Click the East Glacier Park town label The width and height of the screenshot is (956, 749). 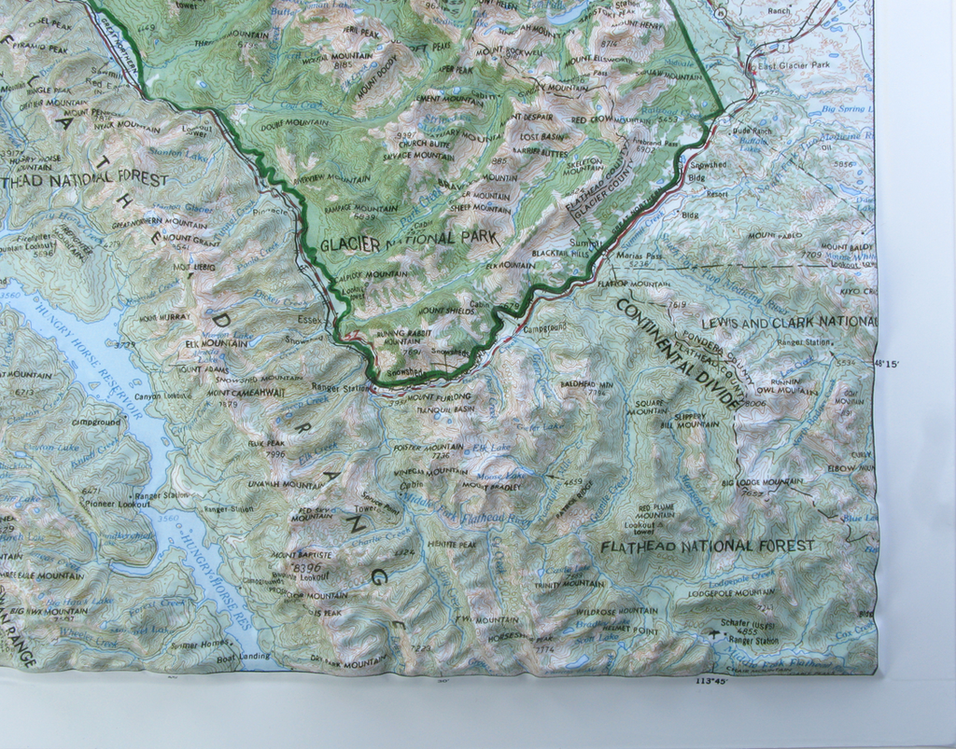pyautogui.click(x=793, y=66)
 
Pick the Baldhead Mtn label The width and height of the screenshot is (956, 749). pyautogui.click(x=586, y=384)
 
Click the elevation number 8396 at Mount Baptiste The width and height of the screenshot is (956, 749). pyautogui.click(x=306, y=566)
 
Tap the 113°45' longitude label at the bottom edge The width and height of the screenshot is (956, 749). pyautogui.click(x=711, y=682)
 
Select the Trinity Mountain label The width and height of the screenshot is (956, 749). pyautogui.click(x=569, y=583)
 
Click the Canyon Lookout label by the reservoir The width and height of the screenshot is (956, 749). pyautogui.click(x=163, y=396)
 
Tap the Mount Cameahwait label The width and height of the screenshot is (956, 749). pyautogui.click(x=246, y=393)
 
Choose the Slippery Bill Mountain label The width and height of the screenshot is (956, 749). pyautogui.click(x=690, y=420)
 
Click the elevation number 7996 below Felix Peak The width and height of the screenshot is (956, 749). pyautogui.click(x=275, y=454)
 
